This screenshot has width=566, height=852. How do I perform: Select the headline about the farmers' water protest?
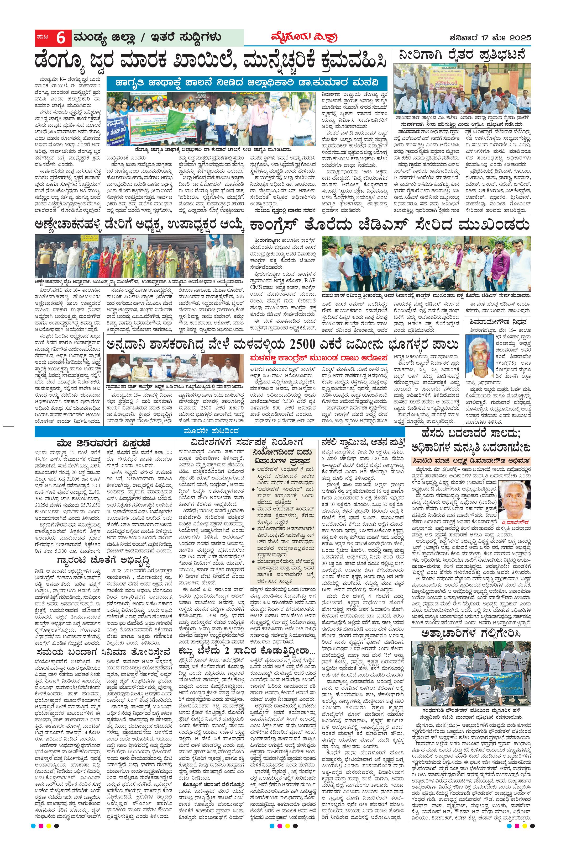[462, 56]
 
